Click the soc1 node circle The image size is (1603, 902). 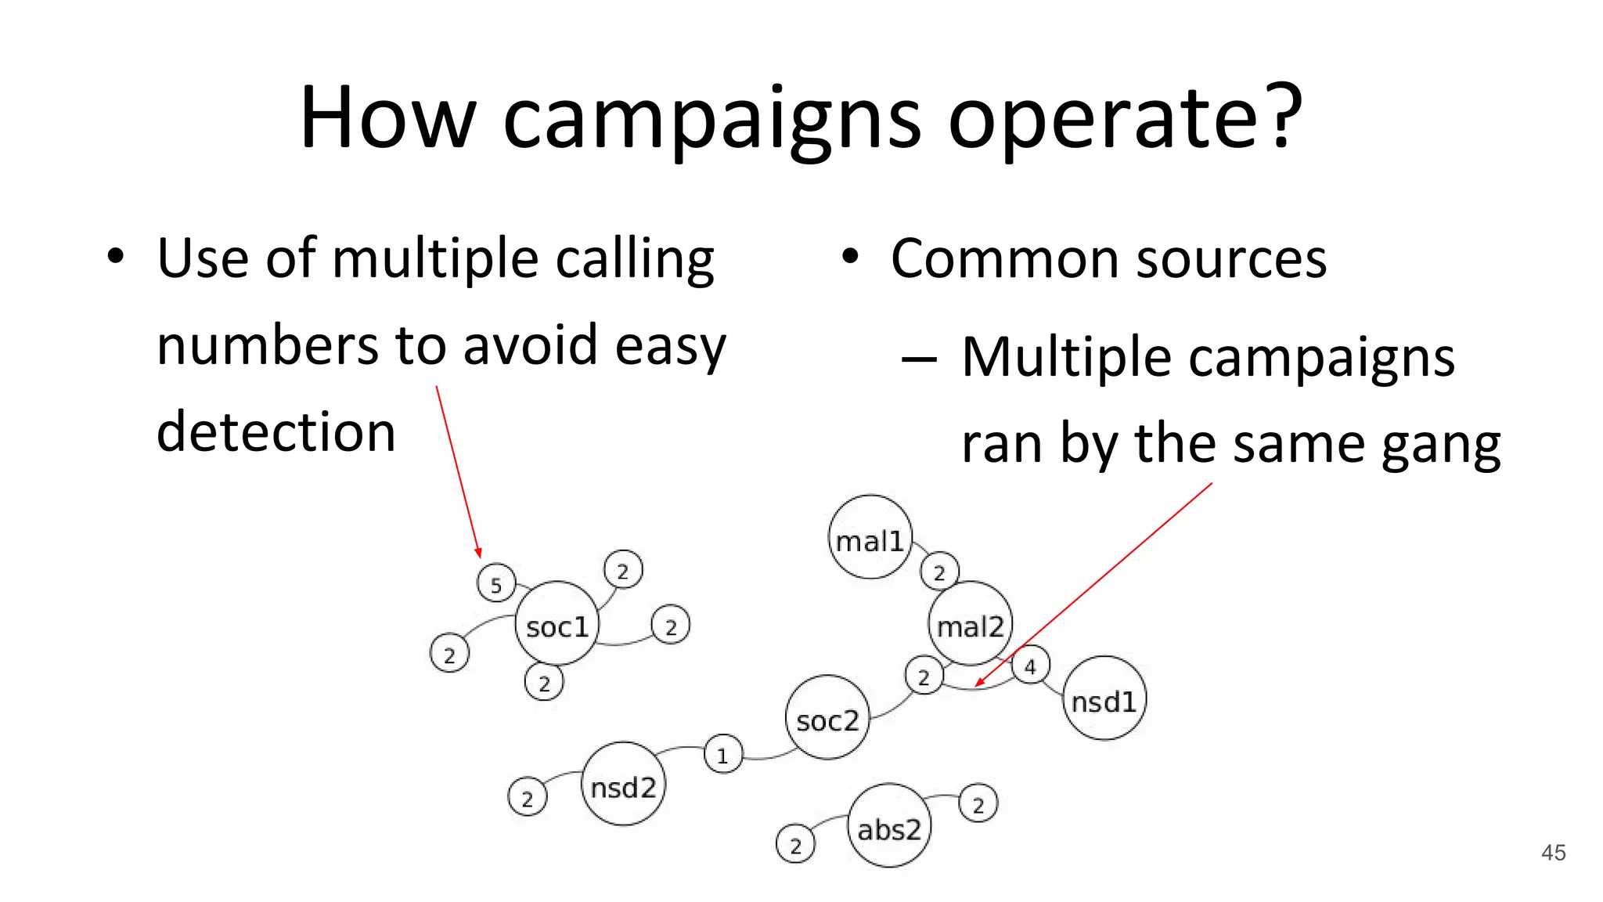557,624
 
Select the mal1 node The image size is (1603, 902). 870,538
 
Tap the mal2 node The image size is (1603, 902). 971,624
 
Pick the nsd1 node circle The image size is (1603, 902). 1104,698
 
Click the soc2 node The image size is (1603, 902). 827,718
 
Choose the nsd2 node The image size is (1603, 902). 623,785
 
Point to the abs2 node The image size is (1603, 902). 889,827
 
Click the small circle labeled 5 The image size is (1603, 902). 495,583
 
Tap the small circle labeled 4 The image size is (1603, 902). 1030,666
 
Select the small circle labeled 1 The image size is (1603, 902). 722,755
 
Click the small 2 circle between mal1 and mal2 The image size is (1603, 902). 939,572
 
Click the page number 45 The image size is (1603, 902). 1553,853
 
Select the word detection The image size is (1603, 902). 276,432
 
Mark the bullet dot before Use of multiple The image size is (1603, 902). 116,257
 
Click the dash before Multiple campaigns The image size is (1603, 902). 919,359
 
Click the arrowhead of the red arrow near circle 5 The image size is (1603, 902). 478,553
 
